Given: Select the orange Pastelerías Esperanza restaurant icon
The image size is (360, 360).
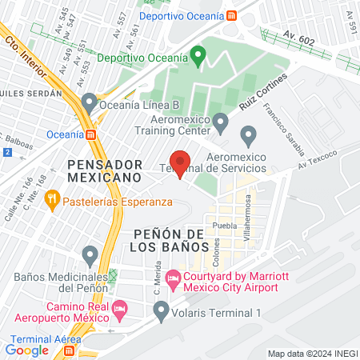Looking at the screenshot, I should coord(53,198).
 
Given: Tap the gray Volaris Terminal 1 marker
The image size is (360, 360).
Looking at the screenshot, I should coord(162,310).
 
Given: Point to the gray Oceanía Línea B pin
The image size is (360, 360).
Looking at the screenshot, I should coord(89,102).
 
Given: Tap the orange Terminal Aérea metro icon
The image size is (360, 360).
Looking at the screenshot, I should coord(70,350).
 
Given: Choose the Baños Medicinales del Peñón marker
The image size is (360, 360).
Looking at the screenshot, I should coord(90,256).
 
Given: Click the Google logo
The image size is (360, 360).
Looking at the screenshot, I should coord(27,349).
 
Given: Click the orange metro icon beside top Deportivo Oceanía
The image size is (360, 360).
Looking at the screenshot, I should coord(230,15).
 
